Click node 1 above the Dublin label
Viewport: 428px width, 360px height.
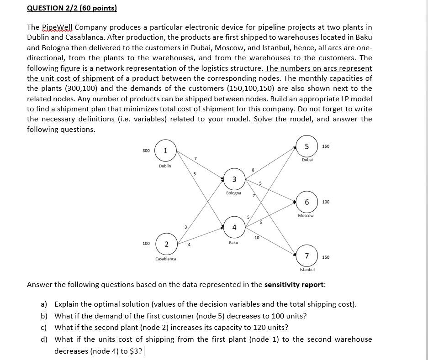165,151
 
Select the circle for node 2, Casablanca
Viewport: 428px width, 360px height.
166,244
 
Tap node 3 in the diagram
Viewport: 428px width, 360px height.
234,179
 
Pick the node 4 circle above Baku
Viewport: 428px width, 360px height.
234,227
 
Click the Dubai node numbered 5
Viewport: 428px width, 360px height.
307,146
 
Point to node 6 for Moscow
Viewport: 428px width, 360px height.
306,202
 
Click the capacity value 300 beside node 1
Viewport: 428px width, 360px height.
146,151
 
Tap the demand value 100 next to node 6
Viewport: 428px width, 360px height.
326,202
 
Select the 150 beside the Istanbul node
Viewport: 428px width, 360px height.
326,257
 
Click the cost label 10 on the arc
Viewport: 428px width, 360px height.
257,238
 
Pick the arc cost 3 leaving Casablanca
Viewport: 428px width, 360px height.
185,227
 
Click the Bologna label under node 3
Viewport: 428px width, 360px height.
233,193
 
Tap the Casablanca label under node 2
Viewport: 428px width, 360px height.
165,259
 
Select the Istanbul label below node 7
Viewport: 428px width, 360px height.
307,270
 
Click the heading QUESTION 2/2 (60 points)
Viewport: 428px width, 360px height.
72,8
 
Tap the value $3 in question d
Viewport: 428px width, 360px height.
137,351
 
